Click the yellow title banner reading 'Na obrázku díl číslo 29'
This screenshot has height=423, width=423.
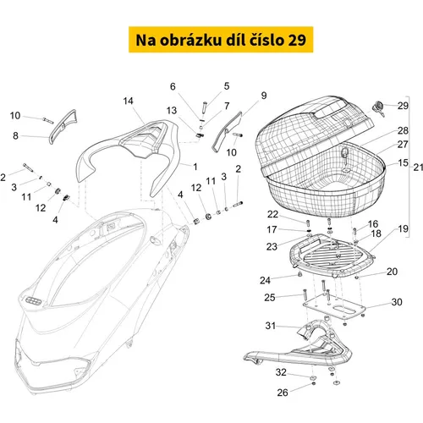point(221,40)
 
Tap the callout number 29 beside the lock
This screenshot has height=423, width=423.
point(403,106)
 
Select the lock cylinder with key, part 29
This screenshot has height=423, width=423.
point(379,109)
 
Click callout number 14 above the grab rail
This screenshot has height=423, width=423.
point(129,101)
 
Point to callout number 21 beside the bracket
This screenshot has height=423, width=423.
point(418,168)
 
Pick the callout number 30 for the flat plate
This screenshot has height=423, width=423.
point(397,302)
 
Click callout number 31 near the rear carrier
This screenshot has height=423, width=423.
point(271,326)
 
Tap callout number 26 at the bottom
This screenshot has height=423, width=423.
point(283,393)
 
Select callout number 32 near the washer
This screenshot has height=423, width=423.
point(281,372)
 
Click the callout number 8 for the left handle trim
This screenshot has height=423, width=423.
point(15,135)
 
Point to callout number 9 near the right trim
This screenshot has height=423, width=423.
point(264,96)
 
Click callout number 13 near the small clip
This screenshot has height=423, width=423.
point(172,111)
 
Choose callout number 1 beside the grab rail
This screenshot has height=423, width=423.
point(195,167)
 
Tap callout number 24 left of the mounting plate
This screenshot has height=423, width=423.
point(265,280)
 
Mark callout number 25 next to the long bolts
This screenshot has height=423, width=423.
point(270,298)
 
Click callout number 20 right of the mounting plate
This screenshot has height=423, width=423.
point(392,272)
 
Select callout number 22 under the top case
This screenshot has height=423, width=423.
point(272,214)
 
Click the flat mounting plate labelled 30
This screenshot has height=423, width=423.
point(334,307)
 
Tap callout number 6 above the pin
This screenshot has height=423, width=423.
point(173,86)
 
